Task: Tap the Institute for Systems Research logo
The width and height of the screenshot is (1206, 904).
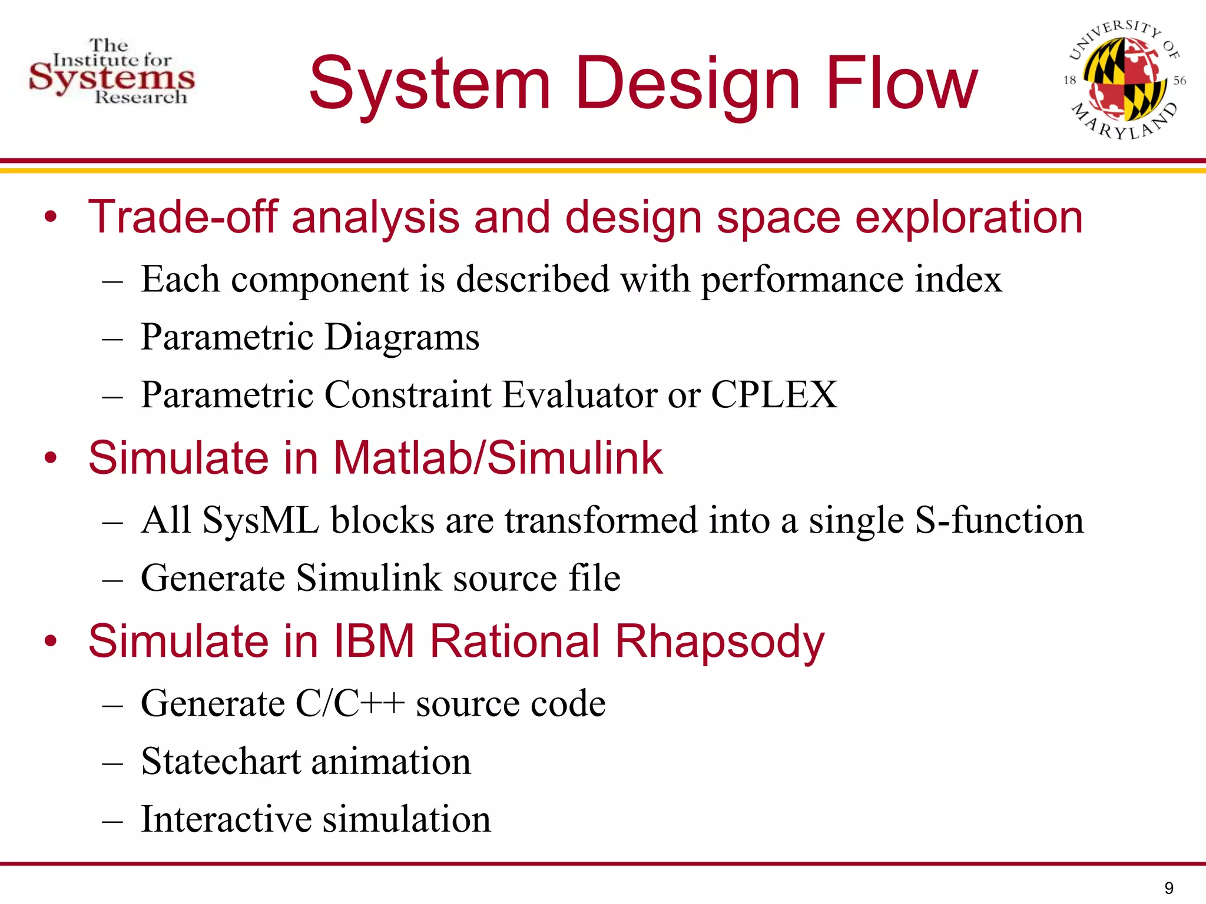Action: pos(112,72)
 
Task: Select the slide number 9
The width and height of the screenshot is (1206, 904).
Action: pos(1169,888)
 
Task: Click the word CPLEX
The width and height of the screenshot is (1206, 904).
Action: pos(774,394)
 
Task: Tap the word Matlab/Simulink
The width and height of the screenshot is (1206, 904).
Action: pos(498,458)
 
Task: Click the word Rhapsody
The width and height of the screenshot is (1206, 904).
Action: pos(720,642)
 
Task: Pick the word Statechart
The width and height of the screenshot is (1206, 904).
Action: pos(221,761)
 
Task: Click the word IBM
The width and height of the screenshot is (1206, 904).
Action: pos(375,642)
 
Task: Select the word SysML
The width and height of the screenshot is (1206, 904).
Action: pos(261,520)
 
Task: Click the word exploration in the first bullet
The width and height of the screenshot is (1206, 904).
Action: pos(969,217)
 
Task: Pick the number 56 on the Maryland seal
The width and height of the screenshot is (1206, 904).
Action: pos(1180,81)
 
